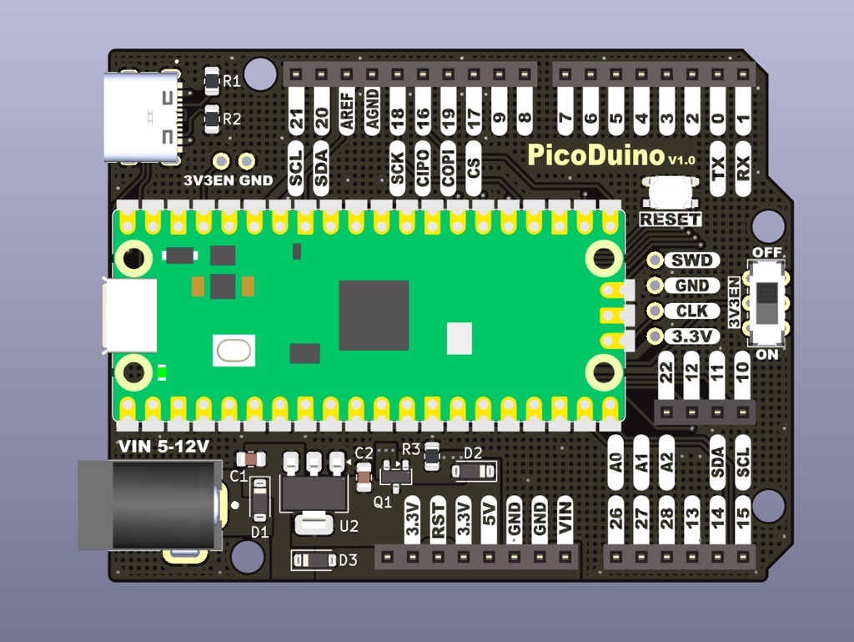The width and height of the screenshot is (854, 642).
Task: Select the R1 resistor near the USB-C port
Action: click(x=212, y=80)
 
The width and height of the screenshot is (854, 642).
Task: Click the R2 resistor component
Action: click(x=212, y=119)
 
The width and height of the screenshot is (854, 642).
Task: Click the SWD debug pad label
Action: click(x=692, y=260)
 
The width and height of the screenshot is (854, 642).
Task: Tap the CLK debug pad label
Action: click(x=692, y=311)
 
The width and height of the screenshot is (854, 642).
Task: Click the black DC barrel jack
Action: click(x=150, y=504)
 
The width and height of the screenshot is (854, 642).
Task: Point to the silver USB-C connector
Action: click(x=141, y=117)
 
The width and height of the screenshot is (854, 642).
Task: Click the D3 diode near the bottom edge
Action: click(x=312, y=560)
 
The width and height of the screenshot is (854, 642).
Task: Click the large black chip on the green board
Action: click(x=374, y=316)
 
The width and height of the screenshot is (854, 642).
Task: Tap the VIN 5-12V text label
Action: click(x=163, y=447)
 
